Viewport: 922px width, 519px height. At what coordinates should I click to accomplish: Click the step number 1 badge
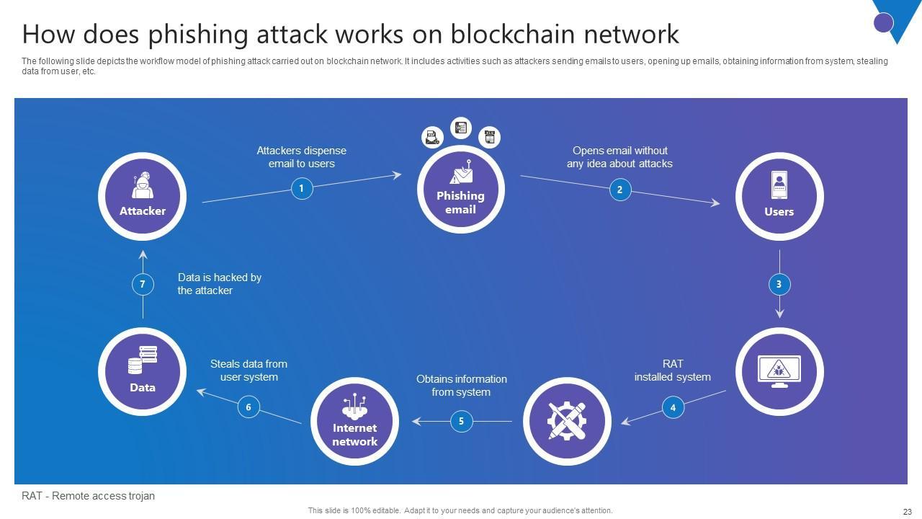click(301, 189)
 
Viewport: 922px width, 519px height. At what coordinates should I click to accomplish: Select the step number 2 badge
click(619, 190)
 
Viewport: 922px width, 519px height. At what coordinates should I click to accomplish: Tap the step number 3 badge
click(779, 284)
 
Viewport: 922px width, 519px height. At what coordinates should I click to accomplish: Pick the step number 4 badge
click(673, 407)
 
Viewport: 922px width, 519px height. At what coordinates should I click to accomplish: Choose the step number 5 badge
click(461, 421)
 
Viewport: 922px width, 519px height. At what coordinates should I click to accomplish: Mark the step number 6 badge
click(249, 407)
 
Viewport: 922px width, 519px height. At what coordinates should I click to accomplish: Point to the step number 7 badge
click(143, 284)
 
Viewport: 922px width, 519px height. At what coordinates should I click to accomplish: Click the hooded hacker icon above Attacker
click(143, 185)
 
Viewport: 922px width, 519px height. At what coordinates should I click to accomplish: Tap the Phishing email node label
click(460, 203)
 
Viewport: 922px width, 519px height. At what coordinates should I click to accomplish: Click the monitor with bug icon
click(779, 371)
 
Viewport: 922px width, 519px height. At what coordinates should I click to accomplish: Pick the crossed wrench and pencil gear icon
click(566, 421)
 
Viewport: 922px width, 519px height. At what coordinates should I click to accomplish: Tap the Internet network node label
click(354, 435)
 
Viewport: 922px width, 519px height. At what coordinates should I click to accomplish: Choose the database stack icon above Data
click(143, 360)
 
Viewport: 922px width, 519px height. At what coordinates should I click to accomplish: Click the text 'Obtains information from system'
click(461, 386)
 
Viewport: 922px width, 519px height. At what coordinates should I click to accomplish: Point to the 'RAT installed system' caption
click(672, 371)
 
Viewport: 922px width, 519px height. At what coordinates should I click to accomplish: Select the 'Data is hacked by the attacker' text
click(219, 284)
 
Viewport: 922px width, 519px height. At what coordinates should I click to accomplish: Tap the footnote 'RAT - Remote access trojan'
click(88, 496)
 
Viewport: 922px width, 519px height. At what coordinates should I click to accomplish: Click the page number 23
click(907, 512)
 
